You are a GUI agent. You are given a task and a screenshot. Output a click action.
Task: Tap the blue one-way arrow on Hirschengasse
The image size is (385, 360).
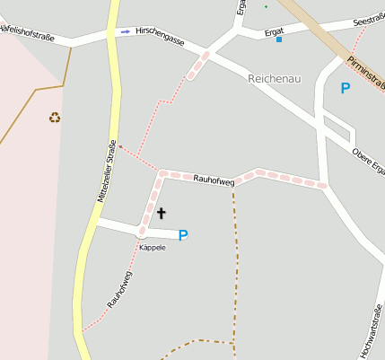click(125, 31)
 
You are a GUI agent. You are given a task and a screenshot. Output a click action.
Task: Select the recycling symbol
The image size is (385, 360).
click(55, 117)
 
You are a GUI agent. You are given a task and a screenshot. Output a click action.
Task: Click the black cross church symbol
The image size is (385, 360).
click(162, 213)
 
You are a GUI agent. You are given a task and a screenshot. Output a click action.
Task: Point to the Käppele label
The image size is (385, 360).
click(152, 247)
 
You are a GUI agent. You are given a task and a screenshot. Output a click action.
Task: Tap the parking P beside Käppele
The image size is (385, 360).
click(183, 235)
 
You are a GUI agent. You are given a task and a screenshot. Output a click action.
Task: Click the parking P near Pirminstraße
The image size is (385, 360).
click(346, 88)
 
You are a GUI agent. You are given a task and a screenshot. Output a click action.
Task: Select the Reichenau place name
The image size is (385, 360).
click(274, 79)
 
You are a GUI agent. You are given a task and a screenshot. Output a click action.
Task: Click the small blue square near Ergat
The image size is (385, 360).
click(279, 40)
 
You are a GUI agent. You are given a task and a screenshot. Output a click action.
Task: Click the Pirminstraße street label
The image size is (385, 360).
click(370, 72)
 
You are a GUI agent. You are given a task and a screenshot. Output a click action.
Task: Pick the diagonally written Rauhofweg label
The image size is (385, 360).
click(119, 289)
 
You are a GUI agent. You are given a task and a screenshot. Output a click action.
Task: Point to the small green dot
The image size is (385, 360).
click(266, 6)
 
